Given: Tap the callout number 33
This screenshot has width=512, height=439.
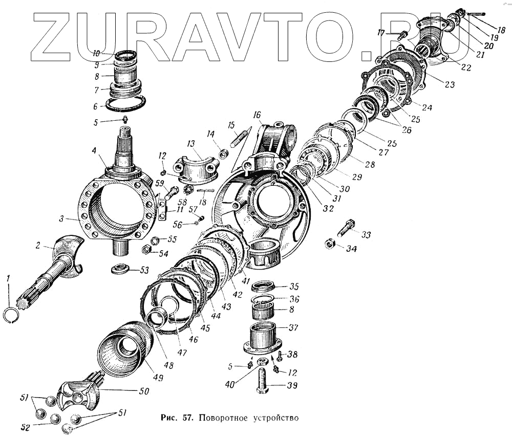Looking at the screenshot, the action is pyautogui.click(x=365, y=234).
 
